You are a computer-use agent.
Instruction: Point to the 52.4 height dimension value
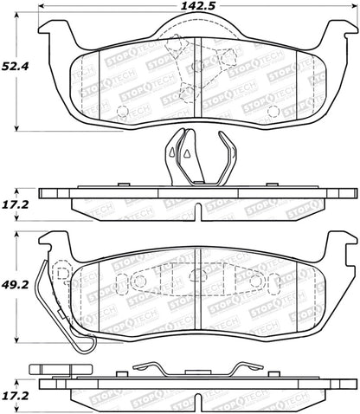point(15,67)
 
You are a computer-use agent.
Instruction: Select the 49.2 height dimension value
point(15,285)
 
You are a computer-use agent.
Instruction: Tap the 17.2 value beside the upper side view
point(16,204)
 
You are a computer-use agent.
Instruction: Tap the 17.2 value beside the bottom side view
point(16,396)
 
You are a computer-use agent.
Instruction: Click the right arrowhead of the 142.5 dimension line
point(354,6)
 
